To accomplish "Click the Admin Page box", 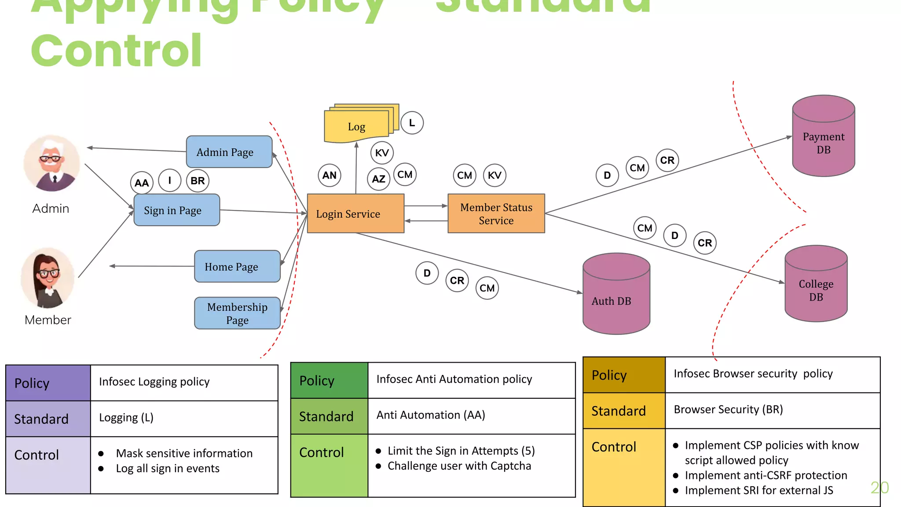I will (229, 152).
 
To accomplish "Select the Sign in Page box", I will (176, 210).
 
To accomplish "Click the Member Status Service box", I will (496, 213).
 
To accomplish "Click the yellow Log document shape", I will (356, 127).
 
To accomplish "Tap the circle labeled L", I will (412, 123).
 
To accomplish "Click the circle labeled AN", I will (329, 175).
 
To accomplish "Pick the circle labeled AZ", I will (378, 179).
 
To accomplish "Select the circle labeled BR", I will (198, 181).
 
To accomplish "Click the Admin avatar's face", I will (51, 158).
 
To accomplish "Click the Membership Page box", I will (237, 313).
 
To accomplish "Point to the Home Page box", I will (237, 267).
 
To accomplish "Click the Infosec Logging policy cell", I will (184, 382).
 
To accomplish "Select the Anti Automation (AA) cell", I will (471, 415).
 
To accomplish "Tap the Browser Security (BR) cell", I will (772, 410).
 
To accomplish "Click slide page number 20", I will (879, 488).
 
